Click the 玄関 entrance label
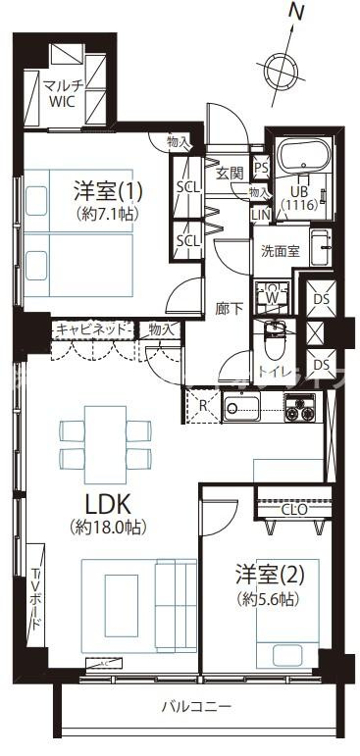229,174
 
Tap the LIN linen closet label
260,214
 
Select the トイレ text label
273,372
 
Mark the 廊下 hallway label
229,307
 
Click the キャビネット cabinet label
90,329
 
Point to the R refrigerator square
201,405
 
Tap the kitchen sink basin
239,407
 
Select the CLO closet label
293,509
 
